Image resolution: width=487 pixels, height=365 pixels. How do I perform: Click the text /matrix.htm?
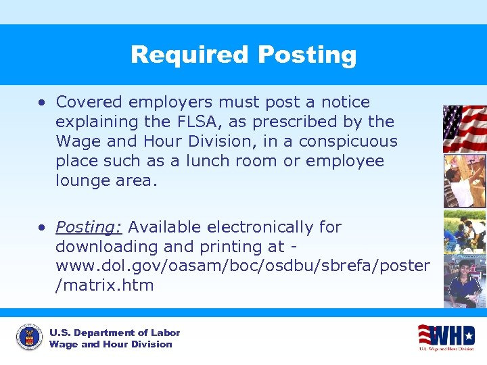(105, 285)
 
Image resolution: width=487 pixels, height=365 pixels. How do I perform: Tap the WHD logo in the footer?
(447, 337)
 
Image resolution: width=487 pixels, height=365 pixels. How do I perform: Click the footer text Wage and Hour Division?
(111, 344)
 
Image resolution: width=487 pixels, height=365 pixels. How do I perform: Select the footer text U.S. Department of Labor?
(115, 333)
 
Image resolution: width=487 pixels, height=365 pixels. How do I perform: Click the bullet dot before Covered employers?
(42, 103)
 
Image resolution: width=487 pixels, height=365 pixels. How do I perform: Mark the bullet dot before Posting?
(42, 228)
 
